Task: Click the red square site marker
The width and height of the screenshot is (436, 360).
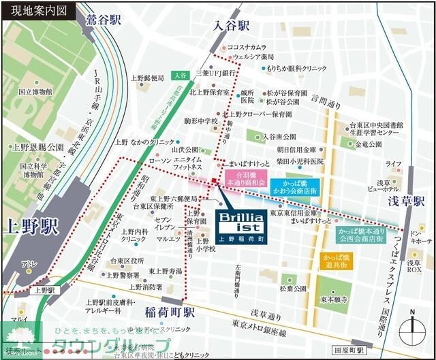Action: tap(214, 180)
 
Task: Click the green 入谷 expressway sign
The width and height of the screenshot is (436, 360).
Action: tap(180, 75)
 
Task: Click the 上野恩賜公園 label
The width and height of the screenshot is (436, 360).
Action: tap(38, 148)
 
